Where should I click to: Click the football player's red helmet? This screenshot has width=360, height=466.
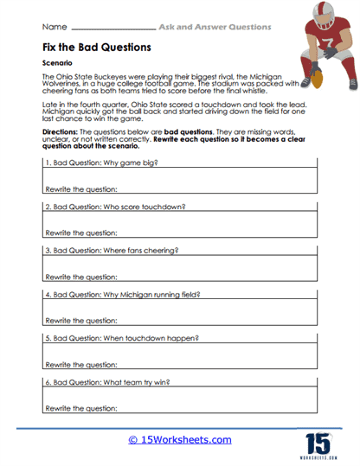pos(321,16)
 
